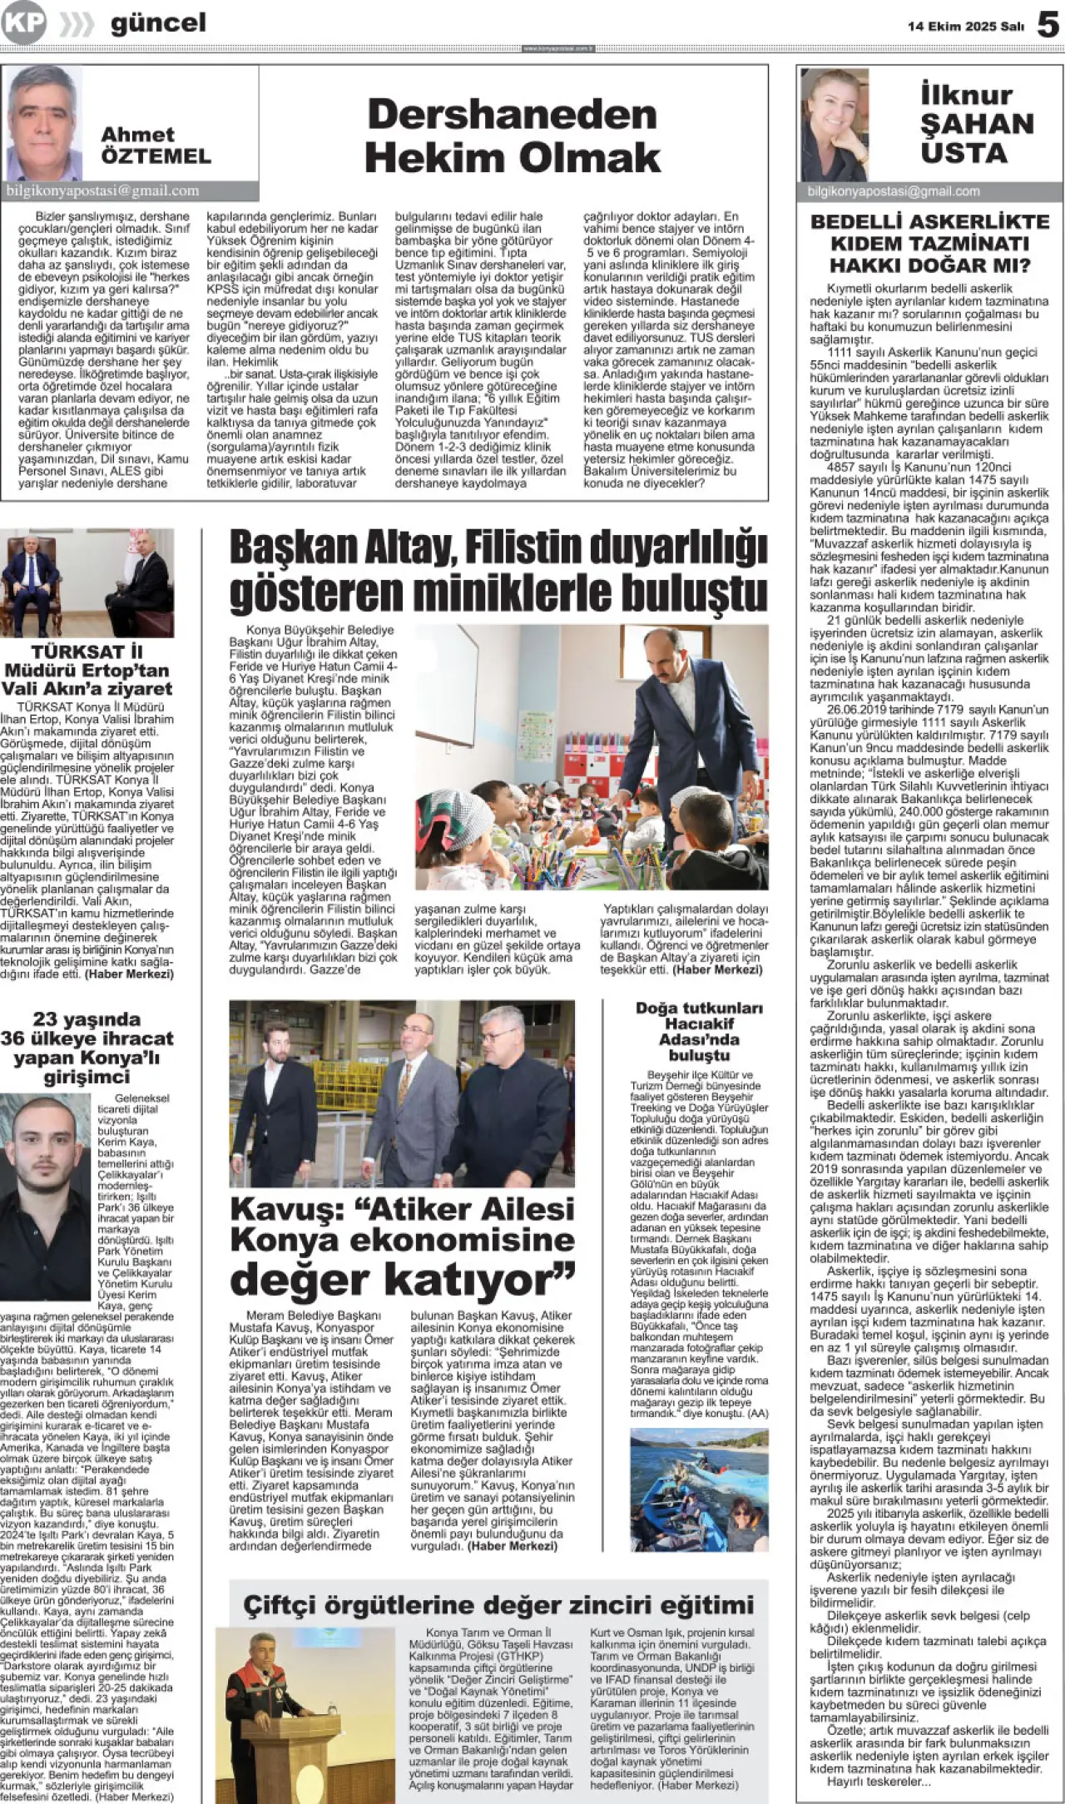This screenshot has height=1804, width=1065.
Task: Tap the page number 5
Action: click(1048, 25)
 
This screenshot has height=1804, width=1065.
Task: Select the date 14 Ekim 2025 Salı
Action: click(965, 27)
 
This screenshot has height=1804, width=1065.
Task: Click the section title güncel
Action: click(158, 23)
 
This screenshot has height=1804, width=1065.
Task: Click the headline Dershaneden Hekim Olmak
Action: click(513, 136)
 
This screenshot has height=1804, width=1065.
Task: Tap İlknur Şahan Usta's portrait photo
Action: click(834, 124)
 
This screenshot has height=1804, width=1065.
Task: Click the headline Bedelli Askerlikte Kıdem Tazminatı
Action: click(929, 244)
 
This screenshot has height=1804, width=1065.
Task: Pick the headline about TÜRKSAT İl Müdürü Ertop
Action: click(87, 670)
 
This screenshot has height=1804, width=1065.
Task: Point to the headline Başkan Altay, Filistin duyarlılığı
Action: click(498, 571)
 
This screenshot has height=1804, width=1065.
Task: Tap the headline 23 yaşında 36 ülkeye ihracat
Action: click(87, 1048)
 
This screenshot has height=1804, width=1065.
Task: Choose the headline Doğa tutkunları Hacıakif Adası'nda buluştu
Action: click(699, 1031)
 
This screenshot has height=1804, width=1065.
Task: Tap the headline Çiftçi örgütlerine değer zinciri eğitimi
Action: click(498, 1604)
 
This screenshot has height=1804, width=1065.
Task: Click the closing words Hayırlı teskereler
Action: click(879, 1781)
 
